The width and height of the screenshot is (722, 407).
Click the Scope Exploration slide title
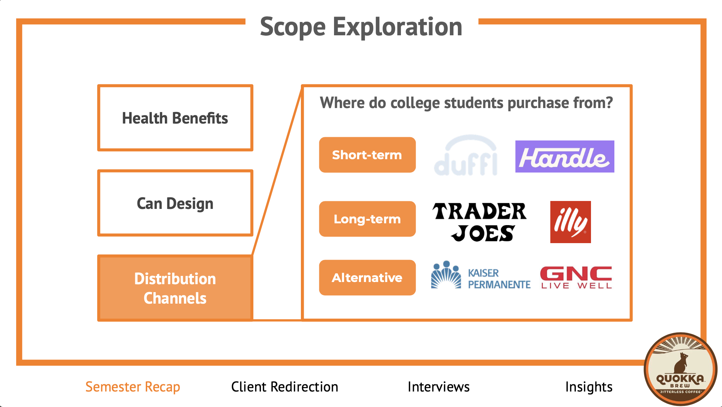(361, 27)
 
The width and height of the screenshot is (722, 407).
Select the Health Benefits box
(175, 118)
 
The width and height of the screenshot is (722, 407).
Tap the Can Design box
(175, 203)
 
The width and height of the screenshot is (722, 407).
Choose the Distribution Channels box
(175, 288)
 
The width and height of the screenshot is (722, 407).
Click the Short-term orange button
(367, 155)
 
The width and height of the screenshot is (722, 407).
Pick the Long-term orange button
(367, 219)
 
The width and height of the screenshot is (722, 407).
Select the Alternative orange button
(367, 278)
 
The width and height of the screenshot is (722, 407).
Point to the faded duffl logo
(466, 156)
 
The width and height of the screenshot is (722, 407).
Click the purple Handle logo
(564, 157)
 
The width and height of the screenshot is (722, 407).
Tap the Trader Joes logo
(479, 222)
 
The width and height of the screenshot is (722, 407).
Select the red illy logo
(570, 222)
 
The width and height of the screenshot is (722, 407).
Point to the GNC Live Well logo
(576, 278)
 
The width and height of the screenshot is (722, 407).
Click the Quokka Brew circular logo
(680, 369)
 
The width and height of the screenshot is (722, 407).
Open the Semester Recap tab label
(132, 387)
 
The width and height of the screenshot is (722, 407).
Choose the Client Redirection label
(284, 387)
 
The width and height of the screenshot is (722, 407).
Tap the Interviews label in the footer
(438, 387)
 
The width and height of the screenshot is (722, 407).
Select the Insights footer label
(589, 387)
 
